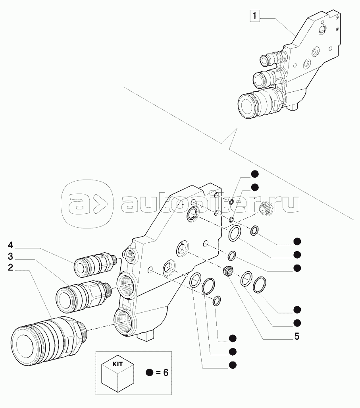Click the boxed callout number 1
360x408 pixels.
coord(254,17)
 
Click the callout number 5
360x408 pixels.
coord(296,337)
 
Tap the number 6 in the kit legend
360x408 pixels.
coord(166,373)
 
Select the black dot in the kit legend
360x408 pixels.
coord(149,373)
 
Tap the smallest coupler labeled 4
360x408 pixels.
coord(93,264)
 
